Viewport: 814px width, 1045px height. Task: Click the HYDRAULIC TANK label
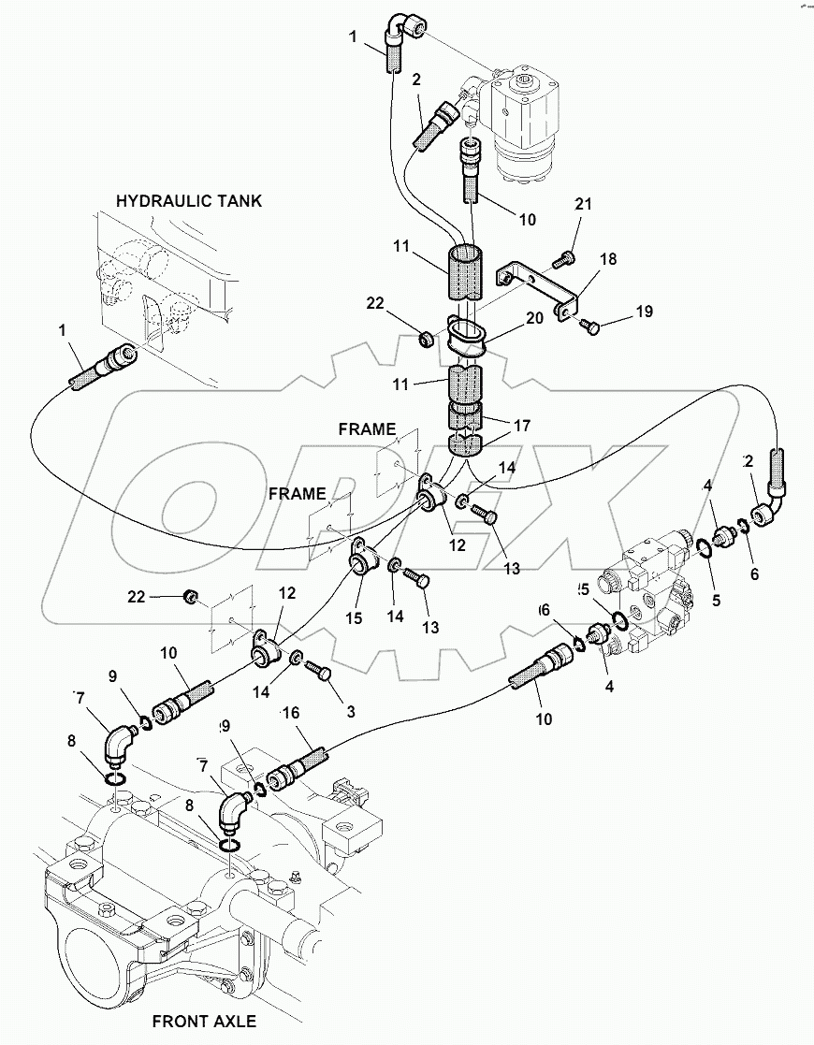189,200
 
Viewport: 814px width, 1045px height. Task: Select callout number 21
584,204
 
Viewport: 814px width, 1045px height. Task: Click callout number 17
522,425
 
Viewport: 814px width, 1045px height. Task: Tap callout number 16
291,714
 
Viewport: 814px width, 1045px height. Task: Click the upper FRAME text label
367,429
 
